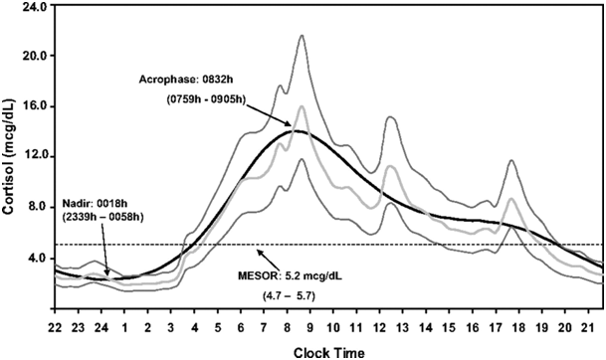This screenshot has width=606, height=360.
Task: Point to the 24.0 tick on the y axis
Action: coord(36,6)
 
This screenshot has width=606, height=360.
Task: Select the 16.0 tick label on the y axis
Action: coord(36,106)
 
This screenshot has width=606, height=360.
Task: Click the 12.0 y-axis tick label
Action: coord(36,157)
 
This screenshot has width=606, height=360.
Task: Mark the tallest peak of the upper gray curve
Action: coord(302,36)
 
